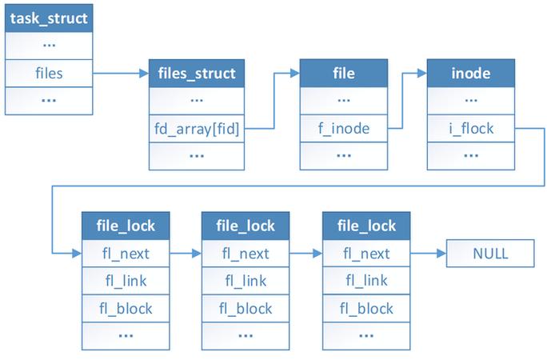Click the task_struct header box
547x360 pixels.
click(50, 17)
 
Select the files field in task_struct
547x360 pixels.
click(50, 74)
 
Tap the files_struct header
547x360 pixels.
click(197, 74)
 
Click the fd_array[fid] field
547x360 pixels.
click(197, 129)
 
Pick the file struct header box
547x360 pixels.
click(345, 74)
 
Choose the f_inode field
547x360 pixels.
click(345, 129)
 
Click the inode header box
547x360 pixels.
click(471, 74)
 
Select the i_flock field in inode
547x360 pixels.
click(471, 129)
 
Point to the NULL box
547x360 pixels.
click(489, 254)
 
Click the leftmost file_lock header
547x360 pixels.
click(126, 226)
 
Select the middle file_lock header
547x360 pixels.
click(246, 226)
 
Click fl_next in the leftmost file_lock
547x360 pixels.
click(126, 254)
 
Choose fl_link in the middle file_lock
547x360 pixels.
click(246, 281)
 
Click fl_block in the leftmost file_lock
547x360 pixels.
click(126, 308)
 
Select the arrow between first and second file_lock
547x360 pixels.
click(186, 254)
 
